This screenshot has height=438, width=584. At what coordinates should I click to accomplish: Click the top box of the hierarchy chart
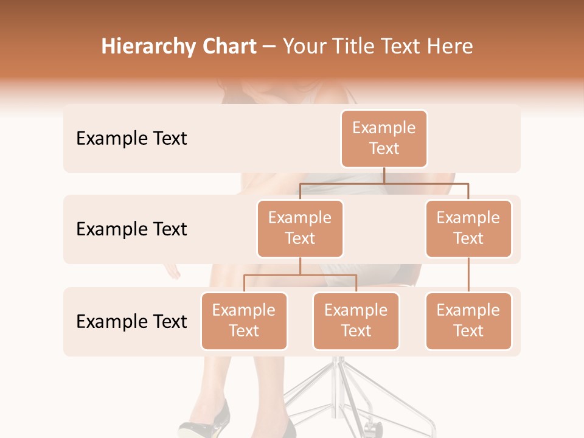click(x=384, y=139)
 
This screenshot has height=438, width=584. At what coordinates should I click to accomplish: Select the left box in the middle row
click(x=300, y=229)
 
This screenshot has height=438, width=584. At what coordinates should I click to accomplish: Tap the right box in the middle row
click(x=468, y=229)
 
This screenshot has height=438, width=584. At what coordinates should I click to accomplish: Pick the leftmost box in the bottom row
click(x=244, y=321)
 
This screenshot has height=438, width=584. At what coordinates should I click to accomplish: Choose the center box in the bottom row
click(x=356, y=321)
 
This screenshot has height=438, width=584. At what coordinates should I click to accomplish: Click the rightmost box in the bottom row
click(x=468, y=321)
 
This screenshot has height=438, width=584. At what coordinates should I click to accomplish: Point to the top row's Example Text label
click(x=131, y=139)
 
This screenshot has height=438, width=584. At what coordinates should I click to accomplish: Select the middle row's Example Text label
click(x=131, y=229)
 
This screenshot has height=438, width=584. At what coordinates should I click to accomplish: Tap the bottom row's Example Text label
click(x=131, y=322)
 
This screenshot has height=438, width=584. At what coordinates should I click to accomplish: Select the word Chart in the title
click(x=229, y=46)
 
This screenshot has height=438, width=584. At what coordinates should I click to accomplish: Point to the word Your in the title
click(x=305, y=46)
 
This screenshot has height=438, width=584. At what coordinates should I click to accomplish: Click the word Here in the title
click(x=450, y=46)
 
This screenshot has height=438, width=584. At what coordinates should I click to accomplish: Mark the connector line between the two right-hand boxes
click(x=468, y=275)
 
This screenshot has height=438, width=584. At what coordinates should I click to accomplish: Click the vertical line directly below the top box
click(x=384, y=175)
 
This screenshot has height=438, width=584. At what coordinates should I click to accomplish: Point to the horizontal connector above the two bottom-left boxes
click(x=300, y=275)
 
